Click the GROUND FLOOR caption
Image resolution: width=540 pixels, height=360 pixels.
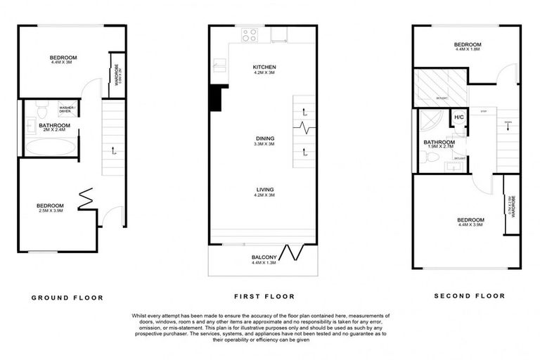point(67,297)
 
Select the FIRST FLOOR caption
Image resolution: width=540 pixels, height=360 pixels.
point(264,296)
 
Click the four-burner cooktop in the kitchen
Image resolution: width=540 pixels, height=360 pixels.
point(249,34)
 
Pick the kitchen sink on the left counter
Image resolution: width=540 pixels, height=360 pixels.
point(219,67)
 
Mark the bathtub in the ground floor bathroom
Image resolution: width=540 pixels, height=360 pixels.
point(49,147)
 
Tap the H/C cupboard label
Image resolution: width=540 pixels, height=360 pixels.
point(458,117)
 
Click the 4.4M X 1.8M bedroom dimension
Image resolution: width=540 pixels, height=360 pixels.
point(467,49)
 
